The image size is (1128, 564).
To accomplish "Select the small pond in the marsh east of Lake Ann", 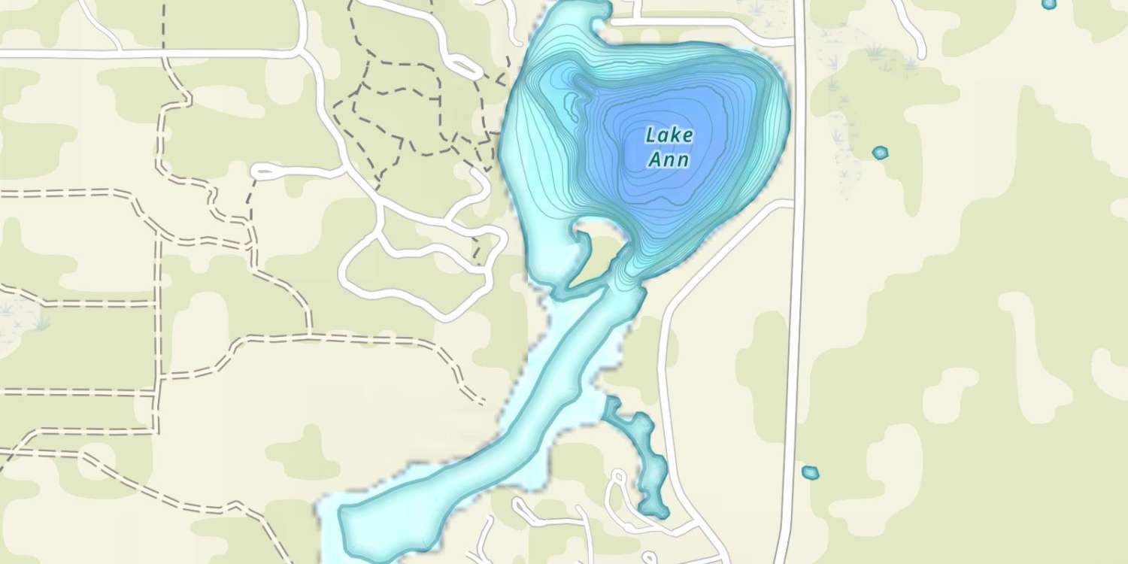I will click(x=880, y=152).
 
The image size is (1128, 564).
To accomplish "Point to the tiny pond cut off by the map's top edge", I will click(x=1049, y=4).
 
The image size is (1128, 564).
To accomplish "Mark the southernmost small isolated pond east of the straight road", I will click(x=809, y=473).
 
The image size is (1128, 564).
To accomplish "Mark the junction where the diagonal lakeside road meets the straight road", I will click(x=794, y=202).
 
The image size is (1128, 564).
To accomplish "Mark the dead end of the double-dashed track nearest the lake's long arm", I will click(x=481, y=402).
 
